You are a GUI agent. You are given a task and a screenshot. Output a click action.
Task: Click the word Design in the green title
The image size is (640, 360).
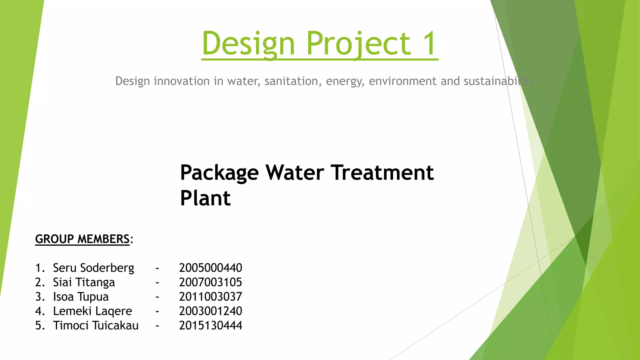248,44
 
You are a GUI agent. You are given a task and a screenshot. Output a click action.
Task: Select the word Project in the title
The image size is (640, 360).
358,44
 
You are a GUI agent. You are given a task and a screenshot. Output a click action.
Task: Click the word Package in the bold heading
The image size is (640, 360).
219,173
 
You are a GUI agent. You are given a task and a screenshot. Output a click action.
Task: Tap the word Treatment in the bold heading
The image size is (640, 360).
382,172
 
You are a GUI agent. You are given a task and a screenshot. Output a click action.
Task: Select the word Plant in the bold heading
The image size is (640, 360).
205,198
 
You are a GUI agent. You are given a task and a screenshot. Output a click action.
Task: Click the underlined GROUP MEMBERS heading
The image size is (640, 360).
82,239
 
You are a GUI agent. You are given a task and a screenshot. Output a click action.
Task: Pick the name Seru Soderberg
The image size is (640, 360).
93,268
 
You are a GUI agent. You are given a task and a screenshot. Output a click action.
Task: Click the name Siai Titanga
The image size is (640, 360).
84,282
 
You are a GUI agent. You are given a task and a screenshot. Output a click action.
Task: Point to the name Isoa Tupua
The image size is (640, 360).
81,297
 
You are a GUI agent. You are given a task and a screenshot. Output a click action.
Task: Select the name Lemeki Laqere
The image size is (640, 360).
92,311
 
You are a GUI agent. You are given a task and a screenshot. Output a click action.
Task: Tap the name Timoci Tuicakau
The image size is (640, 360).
96,326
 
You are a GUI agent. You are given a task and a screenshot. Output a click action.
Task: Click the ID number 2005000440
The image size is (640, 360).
210,268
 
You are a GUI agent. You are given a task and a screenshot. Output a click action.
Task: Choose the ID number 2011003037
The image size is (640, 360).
210,297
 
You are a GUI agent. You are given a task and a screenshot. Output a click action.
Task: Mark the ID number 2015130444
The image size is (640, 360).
210,326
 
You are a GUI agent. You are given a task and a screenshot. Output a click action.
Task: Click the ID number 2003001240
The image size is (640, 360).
210,311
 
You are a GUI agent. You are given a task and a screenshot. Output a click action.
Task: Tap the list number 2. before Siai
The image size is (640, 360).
40,282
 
